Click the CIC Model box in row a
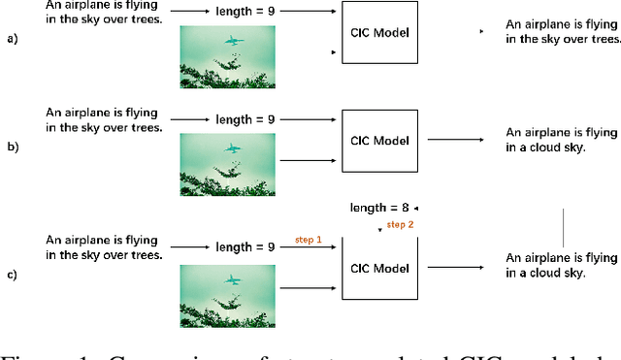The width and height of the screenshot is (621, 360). coord(379,34)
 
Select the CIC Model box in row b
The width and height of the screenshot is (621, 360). coord(379,140)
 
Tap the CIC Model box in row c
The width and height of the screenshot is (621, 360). coord(379,267)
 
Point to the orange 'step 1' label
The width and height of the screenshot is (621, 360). coord(308,240)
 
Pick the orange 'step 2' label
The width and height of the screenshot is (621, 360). coord(400,225)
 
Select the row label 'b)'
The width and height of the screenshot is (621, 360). coord(11,147)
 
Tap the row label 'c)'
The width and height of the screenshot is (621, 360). coord(11,275)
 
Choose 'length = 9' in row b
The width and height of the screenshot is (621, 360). coord(245,120)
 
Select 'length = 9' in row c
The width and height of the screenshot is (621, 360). coord(245,247)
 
